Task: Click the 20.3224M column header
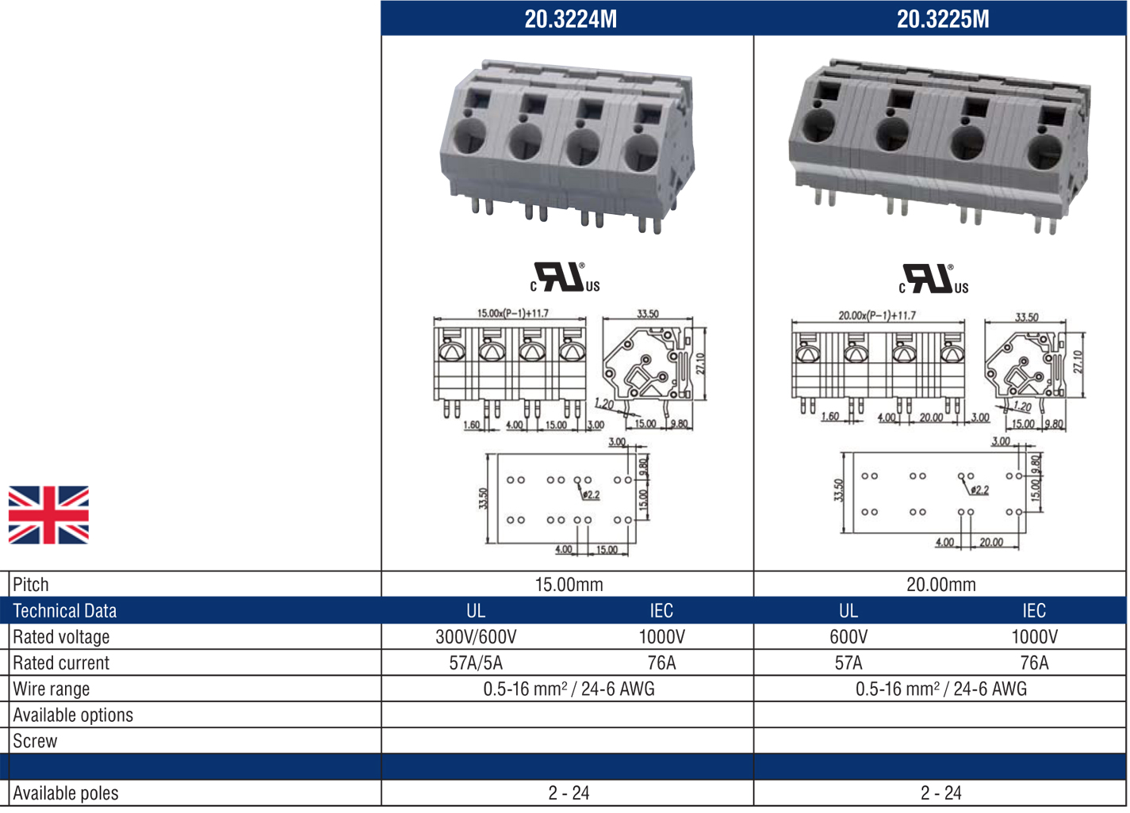pos(570,19)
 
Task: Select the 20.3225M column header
pos(942,19)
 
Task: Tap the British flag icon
pos(48,515)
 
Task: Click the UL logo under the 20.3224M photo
pos(565,277)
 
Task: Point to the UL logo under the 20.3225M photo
pos(933,279)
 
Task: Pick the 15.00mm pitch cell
pos(569,585)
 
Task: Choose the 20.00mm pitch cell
pos(940,585)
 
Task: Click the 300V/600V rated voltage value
pos(476,637)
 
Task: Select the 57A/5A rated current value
pos(476,663)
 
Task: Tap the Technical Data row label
pos(65,611)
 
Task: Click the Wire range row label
pos(52,689)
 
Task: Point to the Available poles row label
pos(66,793)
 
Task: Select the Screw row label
pos(35,742)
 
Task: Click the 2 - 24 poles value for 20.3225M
pos(940,793)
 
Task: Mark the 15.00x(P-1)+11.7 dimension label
pos(512,313)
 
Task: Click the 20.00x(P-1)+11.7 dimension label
pos(877,315)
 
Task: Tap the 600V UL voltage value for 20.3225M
pos(848,637)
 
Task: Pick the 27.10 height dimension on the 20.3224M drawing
pos(701,363)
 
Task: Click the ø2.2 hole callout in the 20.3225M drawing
pos(980,490)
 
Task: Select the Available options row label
pos(73,716)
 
